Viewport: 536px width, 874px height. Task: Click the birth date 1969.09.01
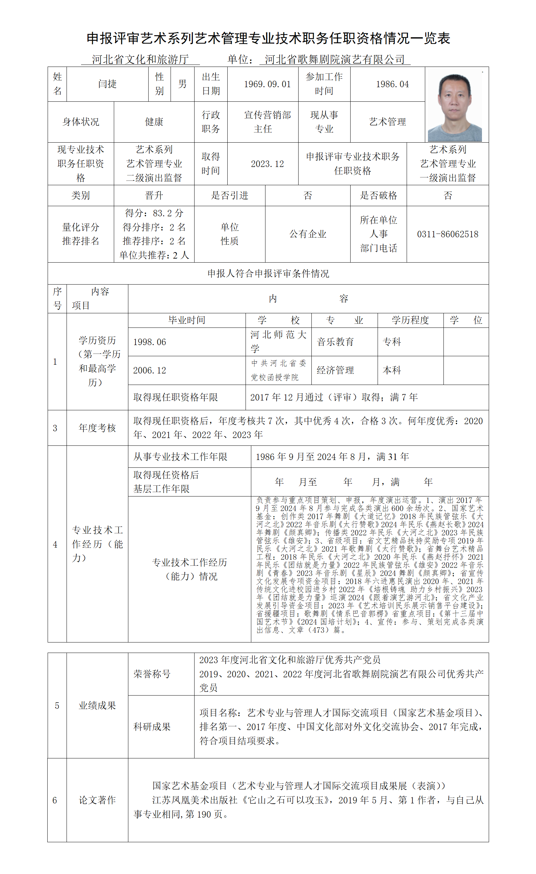pos(267,84)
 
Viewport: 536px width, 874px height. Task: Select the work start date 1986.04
pos(392,84)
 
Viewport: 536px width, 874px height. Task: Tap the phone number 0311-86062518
pos(448,234)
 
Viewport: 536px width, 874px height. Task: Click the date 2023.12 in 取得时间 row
pos(267,164)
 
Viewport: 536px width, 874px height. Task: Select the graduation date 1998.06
pos(150,342)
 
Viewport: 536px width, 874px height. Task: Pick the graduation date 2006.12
pos(150,370)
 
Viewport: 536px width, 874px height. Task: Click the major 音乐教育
pos(335,342)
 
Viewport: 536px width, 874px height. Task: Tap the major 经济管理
pos(335,370)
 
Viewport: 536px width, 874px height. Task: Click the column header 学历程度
pos(410,320)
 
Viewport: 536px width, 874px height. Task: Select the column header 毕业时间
pos(186,320)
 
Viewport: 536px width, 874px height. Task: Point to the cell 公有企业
pos(307,234)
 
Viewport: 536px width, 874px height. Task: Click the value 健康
pos(154,122)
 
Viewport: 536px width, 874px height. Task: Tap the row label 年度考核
pos(97,428)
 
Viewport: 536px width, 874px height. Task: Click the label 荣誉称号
pos(152,674)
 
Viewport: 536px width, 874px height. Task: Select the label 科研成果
pos(152,727)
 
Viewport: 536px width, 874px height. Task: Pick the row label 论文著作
pos(97,800)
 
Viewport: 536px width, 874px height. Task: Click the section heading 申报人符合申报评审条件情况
pos(268,273)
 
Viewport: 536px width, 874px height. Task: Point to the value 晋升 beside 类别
pos(154,195)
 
